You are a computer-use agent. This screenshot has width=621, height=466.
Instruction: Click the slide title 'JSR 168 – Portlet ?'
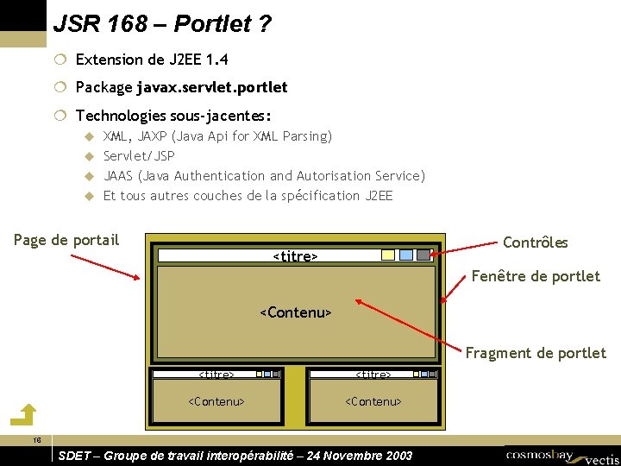coord(162,24)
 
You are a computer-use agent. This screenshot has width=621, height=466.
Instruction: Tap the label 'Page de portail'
coord(66,240)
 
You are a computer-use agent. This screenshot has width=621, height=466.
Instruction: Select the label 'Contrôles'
coord(535,242)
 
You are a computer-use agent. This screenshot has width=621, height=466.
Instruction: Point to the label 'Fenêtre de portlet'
coord(536,276)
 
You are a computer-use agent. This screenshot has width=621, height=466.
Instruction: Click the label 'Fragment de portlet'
coord(536,353)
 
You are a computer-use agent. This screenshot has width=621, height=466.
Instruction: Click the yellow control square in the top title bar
coord(388,255)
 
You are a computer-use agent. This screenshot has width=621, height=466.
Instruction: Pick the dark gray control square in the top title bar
coord(423,255)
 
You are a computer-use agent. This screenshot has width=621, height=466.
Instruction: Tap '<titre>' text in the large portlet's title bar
coord(295,256)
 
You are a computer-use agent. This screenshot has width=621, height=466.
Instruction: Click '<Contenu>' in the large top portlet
coord(296,312)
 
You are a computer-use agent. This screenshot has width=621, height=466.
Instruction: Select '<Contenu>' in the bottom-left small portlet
coord(216,401)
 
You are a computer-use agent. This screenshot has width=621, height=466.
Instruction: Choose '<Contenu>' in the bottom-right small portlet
coord(373,401)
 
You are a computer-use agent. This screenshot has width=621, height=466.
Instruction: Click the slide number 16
coord(36,441)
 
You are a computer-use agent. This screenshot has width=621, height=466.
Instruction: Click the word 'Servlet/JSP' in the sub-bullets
coord(139,156)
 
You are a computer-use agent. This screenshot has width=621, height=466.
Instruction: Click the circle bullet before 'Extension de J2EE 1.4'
coord(59,60)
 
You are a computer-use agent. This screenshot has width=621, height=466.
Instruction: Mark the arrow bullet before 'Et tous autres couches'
coord(87,196)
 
